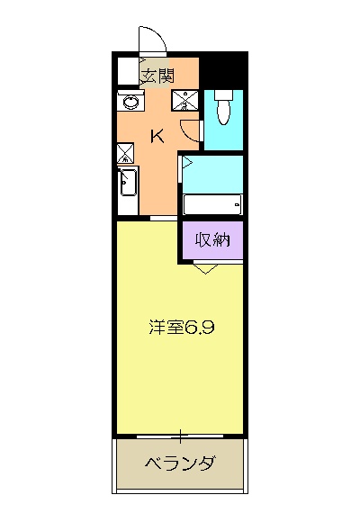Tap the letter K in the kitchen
pyautogui.click(x=157, y=137)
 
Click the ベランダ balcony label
pyautogui.click(x=180, y=464)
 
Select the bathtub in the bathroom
pyautogui.click(x=212, y=205)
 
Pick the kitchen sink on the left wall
pyautogui.click(x=127, y=184)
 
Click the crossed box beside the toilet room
pyautogui.click(x=189, y=100)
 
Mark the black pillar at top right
pyautogui.click(x=223, y=72)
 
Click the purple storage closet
pyautogui.click(x=211, y=240)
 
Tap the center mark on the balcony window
pyautogui.click(x=181, y=437)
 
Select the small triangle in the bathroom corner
pyautogui.click(x=188, y=164)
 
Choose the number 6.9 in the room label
pyautogui.click(x=199, y=328)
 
